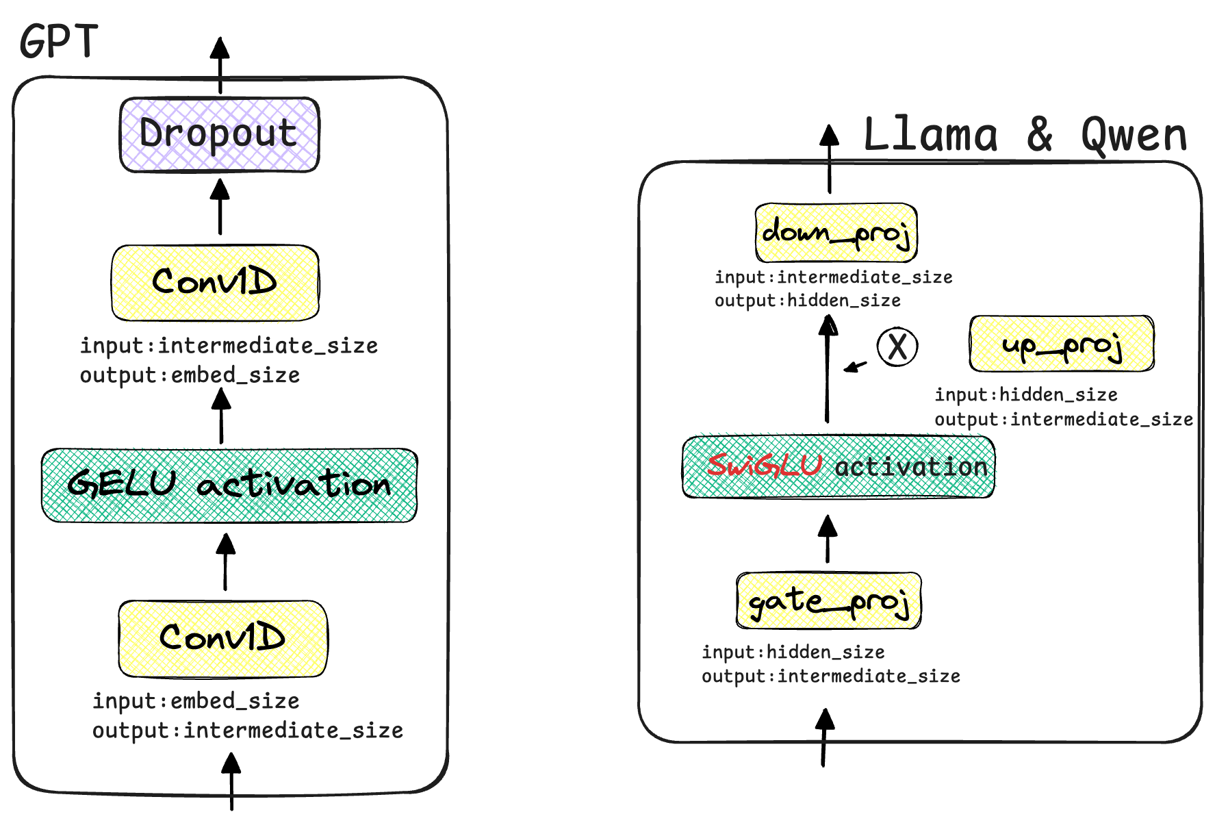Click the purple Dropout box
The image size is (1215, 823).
[x=219, y=134]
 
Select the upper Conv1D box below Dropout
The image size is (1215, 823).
[x=215, y=282]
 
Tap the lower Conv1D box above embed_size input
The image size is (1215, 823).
[x=222, y=638]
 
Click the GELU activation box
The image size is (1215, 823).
[x=229, y=485]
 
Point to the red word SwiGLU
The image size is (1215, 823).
[x=764, y=466]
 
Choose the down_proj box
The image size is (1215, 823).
[x=836, y=233]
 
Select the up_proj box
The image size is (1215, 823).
[x=1061, y=344]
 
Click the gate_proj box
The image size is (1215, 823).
[x=828, y=601]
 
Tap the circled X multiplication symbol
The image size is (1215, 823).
[x=897, y=346]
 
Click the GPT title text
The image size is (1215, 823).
[x=59, y=41]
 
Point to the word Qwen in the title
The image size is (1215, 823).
[x=1134, y=135]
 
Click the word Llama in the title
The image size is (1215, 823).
[x=931, y=135]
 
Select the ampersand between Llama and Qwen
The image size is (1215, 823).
[x=1040, y=135]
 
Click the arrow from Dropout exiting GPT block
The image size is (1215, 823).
[x=220, y=65]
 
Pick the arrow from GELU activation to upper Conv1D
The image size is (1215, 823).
[x=221, y=416]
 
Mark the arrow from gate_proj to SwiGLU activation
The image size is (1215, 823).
[x=828, y=539]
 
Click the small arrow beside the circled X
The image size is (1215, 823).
[x=855, y=367]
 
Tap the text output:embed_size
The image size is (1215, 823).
[x=190, y=375]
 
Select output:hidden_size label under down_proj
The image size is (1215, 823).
[x=807, y=301]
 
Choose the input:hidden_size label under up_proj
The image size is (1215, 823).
[x=1025, y=395]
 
